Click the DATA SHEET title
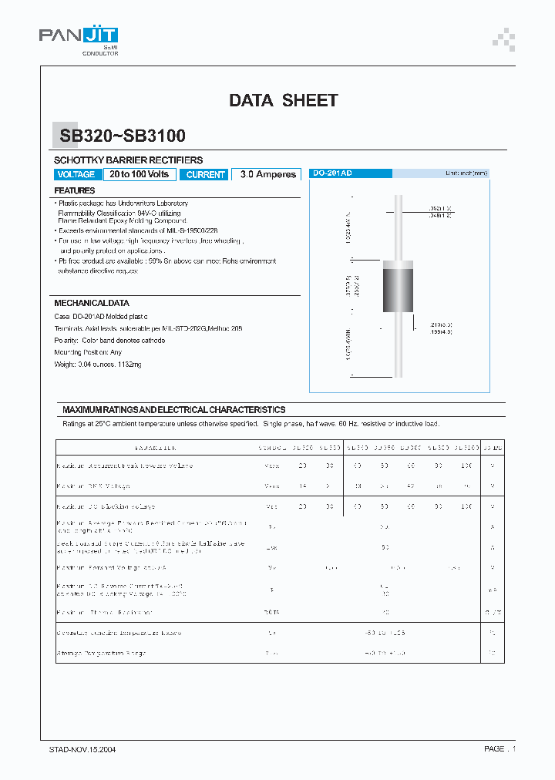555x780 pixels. pos(283,100)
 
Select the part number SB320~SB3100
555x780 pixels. pos(122,136)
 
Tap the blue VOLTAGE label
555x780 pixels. pos(76,175)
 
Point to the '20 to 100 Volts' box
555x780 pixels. pos(139,175)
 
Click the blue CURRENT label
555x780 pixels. pos(205,175)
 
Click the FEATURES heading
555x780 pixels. pos(75,190)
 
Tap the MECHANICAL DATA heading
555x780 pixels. pos(92,304)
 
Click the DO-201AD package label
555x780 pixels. pos(332,173)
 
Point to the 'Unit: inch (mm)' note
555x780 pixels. pos(466,173)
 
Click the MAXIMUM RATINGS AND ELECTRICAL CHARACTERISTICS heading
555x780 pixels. pos(173,410)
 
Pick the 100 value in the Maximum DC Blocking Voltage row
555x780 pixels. pos(466,506)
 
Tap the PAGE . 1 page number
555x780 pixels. pos(499,749)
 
